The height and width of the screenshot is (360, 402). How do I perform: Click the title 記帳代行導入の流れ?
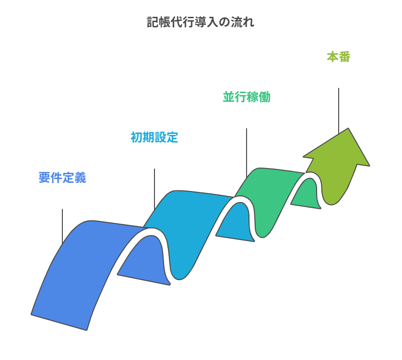click(x=201, y=23)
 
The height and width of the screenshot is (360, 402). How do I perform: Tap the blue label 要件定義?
click(x=62, y=178)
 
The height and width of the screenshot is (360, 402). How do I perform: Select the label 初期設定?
click(x=154, y=137)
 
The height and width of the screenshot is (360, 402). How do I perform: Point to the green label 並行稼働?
click(x=247, y=97)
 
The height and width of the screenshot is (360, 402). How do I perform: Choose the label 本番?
click(x=339, y=57)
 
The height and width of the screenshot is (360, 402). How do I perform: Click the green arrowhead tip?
click(x=348, y=129)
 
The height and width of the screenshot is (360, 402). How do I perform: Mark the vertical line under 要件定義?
click(x=62, y=226)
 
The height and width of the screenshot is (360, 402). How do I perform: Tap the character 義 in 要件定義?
click(x=80, y=178)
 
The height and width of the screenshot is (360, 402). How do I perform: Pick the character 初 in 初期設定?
click(x=137, y=137)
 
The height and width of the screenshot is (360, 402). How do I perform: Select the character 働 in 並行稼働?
click(x=264, y=97)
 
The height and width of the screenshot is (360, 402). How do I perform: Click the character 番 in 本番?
click(x=344, y=57)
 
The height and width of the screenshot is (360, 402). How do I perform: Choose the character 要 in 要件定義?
click(x=45, y=178)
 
